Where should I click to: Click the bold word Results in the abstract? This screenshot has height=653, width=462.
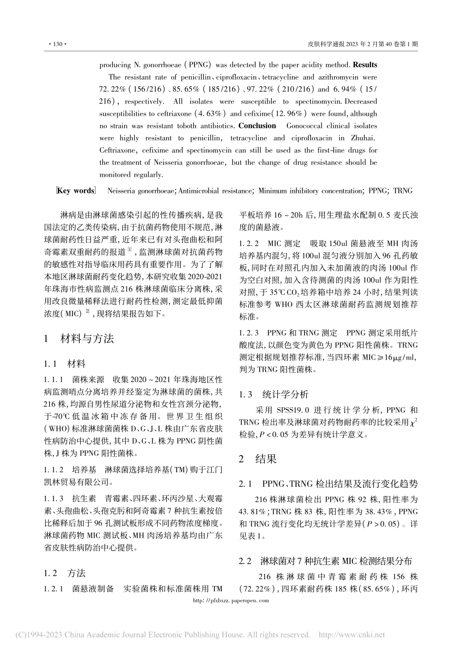365,65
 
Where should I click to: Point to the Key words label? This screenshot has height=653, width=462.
76,190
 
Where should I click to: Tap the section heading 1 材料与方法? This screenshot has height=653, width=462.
79,339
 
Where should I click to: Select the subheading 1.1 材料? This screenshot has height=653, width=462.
64,363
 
